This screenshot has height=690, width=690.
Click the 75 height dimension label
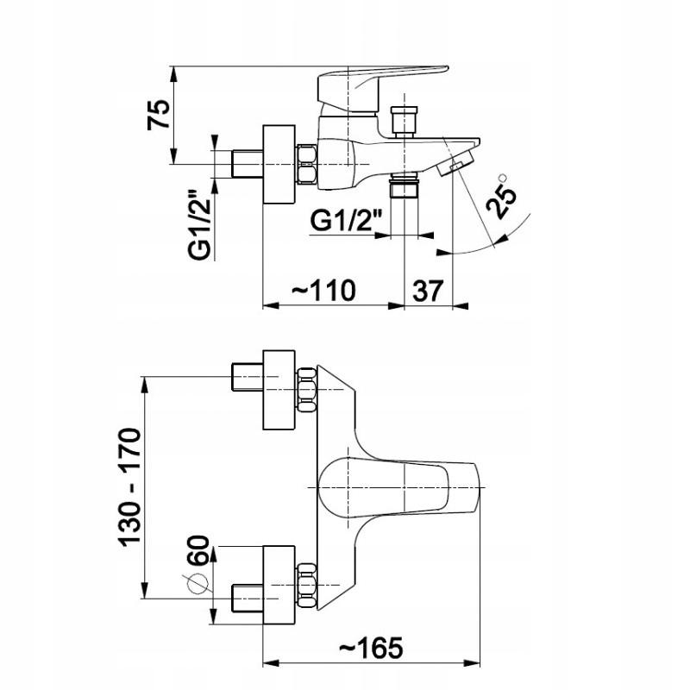(x=159, y=113)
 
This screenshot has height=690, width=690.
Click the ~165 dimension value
(x=370, y=645)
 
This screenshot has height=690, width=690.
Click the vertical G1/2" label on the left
(x=201, y=225)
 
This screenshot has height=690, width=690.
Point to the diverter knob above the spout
(x=404, y=121)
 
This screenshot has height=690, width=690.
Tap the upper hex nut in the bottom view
(x=307, y=389)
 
